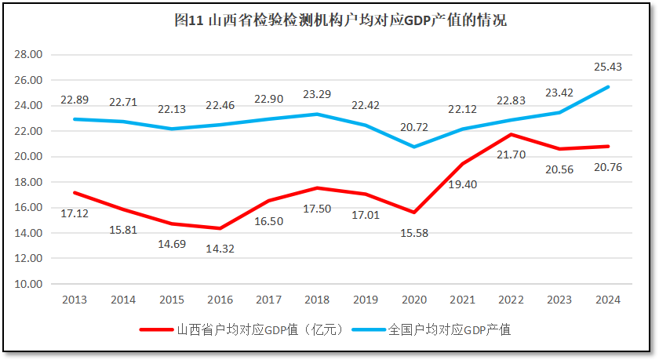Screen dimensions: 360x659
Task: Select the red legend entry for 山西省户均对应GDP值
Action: pyautogui.click(x=242, y=329)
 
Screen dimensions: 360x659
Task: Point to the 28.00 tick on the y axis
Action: pyautogui.click(x=28, y=55)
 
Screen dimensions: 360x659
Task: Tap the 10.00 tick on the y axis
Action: pyautogui.click(x=28, y=284)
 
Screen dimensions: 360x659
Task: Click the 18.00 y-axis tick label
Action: pyautogui.click(x=28, y=182)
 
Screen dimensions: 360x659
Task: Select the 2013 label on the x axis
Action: pyautogui.click(x=75, y=300)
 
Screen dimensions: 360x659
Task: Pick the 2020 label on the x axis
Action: pyautogui.click(x=413, y=300)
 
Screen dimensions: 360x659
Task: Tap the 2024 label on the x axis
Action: pyautogui.click(x=607, y=300)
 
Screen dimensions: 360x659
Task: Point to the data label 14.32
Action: pyautogui.click(x=220, y=249)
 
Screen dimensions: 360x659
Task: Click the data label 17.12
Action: pyautogui.click(x=75, y=213)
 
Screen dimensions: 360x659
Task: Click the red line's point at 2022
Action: pyautogui.click(x=511, y=134)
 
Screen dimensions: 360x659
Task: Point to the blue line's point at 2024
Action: pyautogui.click(x=608, y=87)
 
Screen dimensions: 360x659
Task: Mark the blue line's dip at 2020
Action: pyautogui.click(x=413, y=147)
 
